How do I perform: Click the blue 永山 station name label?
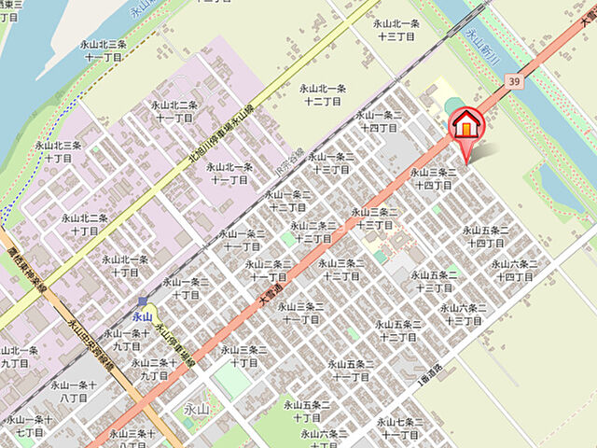(142, 317)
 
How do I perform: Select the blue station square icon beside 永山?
(142, 301)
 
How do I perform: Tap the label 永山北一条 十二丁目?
(322, 94)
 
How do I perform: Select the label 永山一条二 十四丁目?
(380, 121)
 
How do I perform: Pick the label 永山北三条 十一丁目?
(105, 50)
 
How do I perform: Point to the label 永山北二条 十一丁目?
(174, 111)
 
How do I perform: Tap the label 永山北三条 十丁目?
(59, 152)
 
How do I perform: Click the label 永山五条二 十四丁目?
(485, 236)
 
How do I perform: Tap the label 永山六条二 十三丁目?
(463, 314)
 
